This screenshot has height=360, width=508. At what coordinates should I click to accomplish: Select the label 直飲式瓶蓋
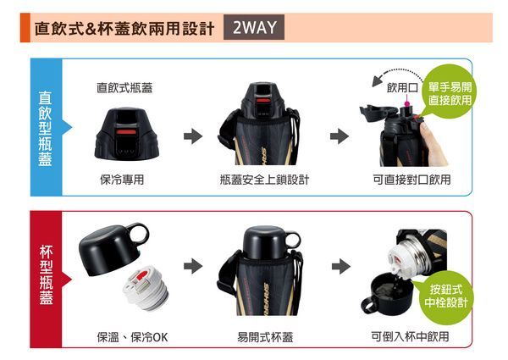coord(124,86)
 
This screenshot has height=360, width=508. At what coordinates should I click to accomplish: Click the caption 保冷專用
coord(121,180)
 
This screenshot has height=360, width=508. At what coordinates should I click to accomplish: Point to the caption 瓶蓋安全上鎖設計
coord(264,180)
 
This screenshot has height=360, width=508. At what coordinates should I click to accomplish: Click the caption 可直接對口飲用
coord(411,180)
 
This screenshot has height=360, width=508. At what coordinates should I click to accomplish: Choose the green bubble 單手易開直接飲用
coord(450,92)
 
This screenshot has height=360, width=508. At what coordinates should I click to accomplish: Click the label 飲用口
coord(403,87)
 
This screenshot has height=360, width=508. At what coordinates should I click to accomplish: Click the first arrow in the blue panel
coord(194,136)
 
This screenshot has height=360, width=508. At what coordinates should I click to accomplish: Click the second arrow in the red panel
coord(340,266)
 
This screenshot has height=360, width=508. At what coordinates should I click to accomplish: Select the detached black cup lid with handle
coord(113,245)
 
